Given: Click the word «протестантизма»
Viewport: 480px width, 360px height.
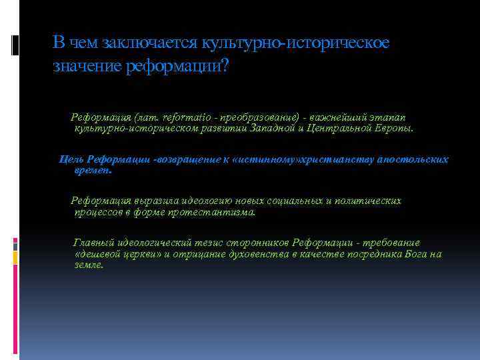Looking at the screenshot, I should pyautogui.click(x=214, y=212).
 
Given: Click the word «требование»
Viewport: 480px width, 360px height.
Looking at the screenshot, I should pyautogui.click(x=392, y=243).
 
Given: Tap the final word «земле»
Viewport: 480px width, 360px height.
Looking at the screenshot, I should pyautogui.click(x=89, y=265).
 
